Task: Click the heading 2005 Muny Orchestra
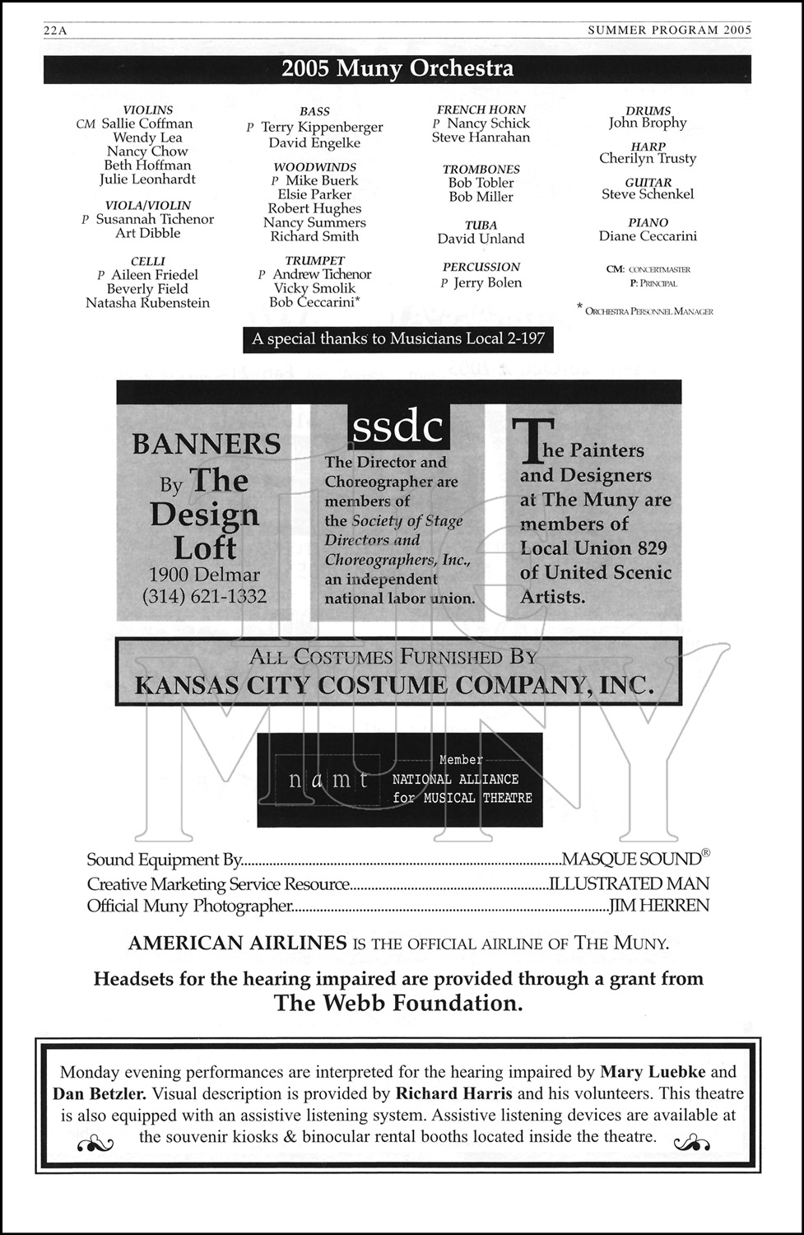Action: tap(397, 68)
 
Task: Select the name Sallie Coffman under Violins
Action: tap(146, 123)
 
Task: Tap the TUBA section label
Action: tap(481, 225)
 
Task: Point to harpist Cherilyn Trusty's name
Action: tap(648, 158)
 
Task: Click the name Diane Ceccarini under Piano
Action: tap(648, 236)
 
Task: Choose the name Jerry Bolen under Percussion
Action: tap(487, 282)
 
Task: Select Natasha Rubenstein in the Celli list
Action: tap(147, 303)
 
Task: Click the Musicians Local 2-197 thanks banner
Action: tap(398, 339)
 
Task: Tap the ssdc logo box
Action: tap(398, 426)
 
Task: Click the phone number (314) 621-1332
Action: tap(205, 596)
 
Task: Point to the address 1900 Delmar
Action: tap(204, 575)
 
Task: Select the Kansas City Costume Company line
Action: tap(394, 685)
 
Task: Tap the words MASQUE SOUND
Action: tap(631, 860)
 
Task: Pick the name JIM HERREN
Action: tap(658, 906)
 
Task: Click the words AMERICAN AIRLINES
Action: tap(237, 944)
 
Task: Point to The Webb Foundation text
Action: tap(398, 1003)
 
